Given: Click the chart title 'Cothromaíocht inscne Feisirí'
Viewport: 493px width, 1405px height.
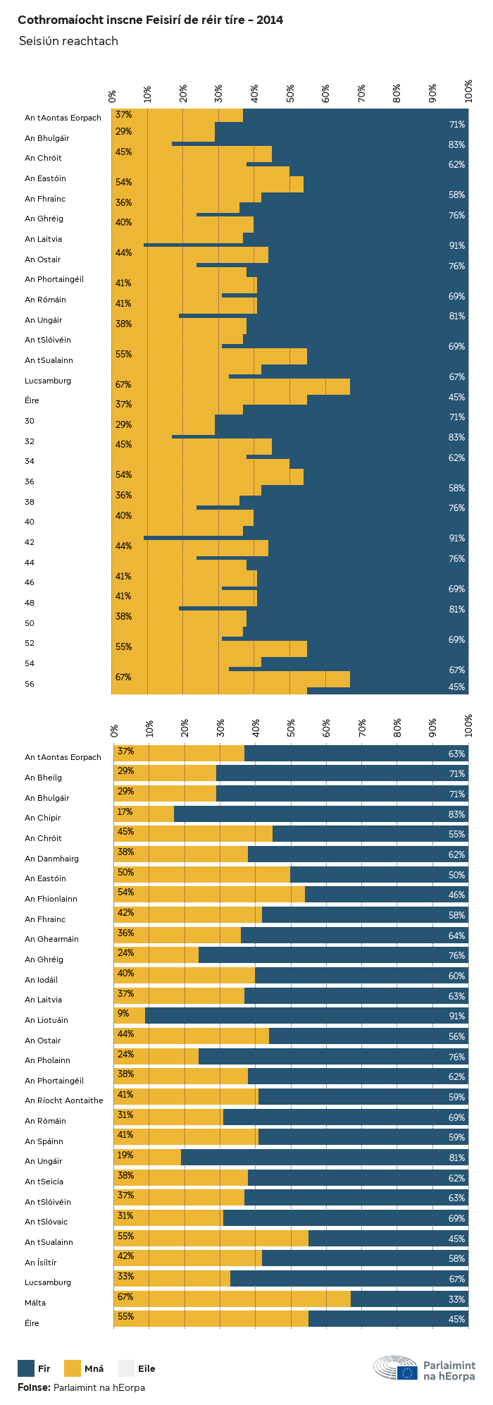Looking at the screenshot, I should (150, 20).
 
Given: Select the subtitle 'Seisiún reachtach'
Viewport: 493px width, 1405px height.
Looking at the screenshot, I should (68, 41).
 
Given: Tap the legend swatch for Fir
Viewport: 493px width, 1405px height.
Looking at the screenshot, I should (26, 1368).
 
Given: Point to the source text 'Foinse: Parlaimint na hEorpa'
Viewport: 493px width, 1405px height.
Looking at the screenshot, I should (81, 1387).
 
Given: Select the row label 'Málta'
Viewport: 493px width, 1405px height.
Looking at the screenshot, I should (35, 1303).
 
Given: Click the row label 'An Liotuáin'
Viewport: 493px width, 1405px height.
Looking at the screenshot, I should (46, 1020).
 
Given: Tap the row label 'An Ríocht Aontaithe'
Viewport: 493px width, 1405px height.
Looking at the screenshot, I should (63, 1100).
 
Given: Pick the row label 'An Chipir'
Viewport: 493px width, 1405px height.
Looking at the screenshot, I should (43, 818).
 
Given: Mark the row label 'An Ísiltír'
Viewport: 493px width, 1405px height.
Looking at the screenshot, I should (41, 1263).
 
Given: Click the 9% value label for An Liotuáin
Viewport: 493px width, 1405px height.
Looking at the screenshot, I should (123, 1014).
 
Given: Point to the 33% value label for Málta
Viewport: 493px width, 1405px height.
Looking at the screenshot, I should (457, 1299).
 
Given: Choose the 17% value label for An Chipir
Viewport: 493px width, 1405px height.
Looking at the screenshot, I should (125, 812).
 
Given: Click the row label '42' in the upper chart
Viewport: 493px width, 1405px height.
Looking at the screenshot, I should (30, 542).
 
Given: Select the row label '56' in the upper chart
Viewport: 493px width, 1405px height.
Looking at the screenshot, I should (30, 684).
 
